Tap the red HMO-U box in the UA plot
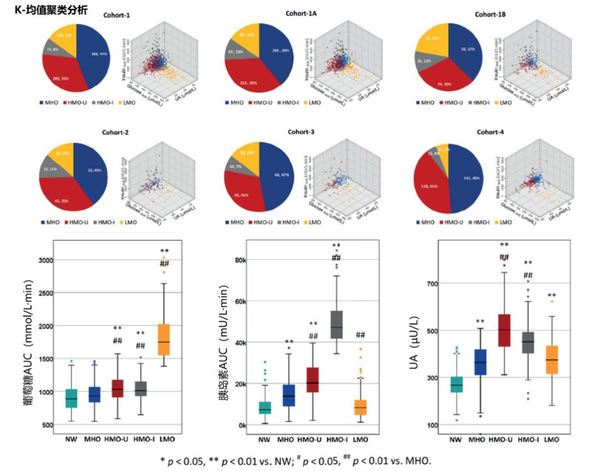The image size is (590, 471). (x=500, y=330)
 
